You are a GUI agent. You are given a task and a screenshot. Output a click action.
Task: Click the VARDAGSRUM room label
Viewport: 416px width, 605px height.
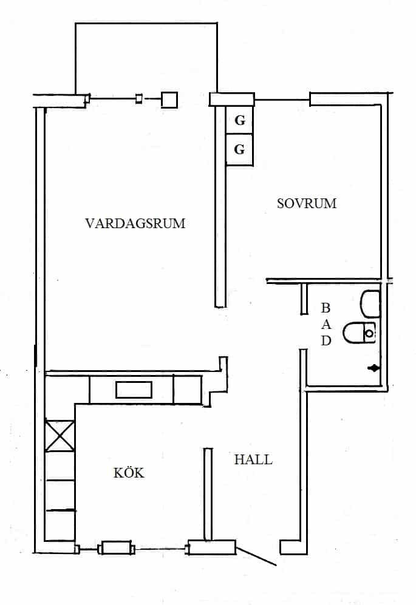[135, 223]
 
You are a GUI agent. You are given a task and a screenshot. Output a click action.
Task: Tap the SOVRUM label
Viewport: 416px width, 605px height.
[307, 203]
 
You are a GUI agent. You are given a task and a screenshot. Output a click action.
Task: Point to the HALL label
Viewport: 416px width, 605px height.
[253, 459]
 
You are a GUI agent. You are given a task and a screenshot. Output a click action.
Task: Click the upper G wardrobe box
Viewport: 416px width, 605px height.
[239, 120]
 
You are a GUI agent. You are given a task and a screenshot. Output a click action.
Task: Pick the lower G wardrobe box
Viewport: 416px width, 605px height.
[239, 150]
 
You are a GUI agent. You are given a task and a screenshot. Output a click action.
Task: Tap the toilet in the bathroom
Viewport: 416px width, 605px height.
[360, 333]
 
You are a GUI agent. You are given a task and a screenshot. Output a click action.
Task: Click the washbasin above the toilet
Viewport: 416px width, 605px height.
[370, 304]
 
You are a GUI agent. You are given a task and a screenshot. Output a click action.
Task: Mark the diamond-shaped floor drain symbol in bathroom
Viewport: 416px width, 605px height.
[373, 368]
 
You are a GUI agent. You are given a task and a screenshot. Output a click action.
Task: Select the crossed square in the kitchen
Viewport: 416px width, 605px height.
[60, 436]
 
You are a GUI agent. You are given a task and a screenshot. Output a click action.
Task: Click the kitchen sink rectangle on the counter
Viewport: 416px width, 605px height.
[134, 390]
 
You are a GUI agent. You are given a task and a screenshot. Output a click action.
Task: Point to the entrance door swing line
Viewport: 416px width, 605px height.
[256, 556]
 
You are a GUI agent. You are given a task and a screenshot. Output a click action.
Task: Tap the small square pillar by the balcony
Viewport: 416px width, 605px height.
[169, 100]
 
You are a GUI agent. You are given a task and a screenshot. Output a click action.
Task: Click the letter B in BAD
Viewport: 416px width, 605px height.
[326, 308]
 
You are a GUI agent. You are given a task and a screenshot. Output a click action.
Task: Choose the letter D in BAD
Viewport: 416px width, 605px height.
[326, 340]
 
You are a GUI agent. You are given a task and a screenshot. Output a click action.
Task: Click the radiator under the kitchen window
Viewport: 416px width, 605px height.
[116, 548]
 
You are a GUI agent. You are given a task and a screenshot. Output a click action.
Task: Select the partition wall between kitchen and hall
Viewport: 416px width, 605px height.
[208, 494]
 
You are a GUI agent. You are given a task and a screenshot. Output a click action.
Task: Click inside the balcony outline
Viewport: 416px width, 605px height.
[146, 58]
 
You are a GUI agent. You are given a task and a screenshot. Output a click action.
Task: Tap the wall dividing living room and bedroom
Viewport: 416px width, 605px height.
[220, 206]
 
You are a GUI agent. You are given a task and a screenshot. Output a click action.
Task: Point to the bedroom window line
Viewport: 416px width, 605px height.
[282, 100]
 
